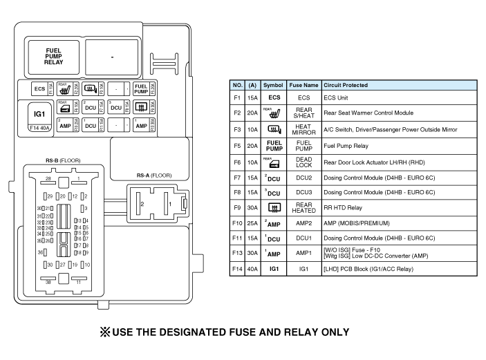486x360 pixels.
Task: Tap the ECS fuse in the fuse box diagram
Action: tap(39, 88)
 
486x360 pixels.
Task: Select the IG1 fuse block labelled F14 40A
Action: tap(39, 115)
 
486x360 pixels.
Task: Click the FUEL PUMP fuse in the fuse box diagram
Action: tap(140, 88)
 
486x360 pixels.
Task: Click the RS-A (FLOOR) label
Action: tap(153, 176)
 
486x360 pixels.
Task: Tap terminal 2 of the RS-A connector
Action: tap(142, 205)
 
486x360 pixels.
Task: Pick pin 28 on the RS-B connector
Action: tap(48, 179)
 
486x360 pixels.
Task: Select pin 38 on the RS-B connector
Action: tap(48, 283)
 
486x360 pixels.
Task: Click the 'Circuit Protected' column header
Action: tap(346, 85)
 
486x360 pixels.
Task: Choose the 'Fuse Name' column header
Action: tap(303, 85)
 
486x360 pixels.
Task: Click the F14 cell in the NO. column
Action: tap(237, 268)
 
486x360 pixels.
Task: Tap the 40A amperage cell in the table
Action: tap(252, 268)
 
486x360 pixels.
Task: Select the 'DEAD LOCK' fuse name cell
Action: tap(303, 162)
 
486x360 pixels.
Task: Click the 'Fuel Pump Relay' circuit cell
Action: tap(346, 146)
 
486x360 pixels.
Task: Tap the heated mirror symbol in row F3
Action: tap(274, 129)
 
